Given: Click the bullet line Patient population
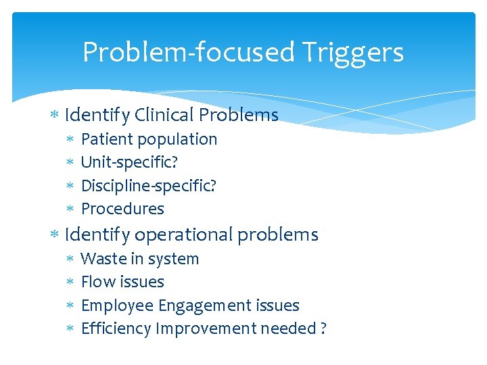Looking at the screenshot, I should click(x=149, y=139).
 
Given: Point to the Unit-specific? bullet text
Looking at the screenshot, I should click(x=129, y=162).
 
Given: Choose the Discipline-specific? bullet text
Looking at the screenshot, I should click(x=148, y=185).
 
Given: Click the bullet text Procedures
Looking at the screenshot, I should click(x=122, y=209).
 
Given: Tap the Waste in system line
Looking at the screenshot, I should click(x=139, y=259).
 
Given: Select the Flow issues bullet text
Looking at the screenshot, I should click(x=122, y=282).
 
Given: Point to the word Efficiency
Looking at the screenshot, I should click(x=116, y=328).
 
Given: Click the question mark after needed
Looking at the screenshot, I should click(x=323, y=328).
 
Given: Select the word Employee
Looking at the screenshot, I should click(x=117, y=306).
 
